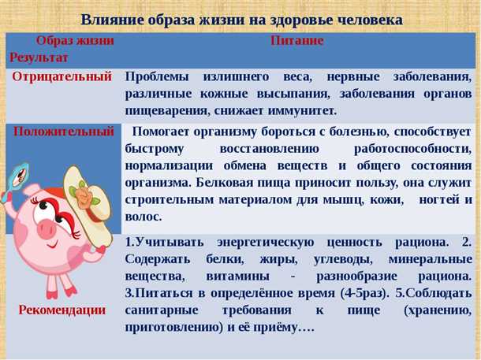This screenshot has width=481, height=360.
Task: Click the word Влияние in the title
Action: coord(110,19)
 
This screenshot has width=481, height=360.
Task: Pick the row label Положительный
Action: coord(63,132)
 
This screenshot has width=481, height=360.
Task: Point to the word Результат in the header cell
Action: coord(39,58)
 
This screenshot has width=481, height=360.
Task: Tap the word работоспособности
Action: coord(412,148)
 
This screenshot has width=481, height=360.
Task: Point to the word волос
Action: coord(144,217)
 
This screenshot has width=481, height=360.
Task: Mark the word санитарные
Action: coord(161,310)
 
